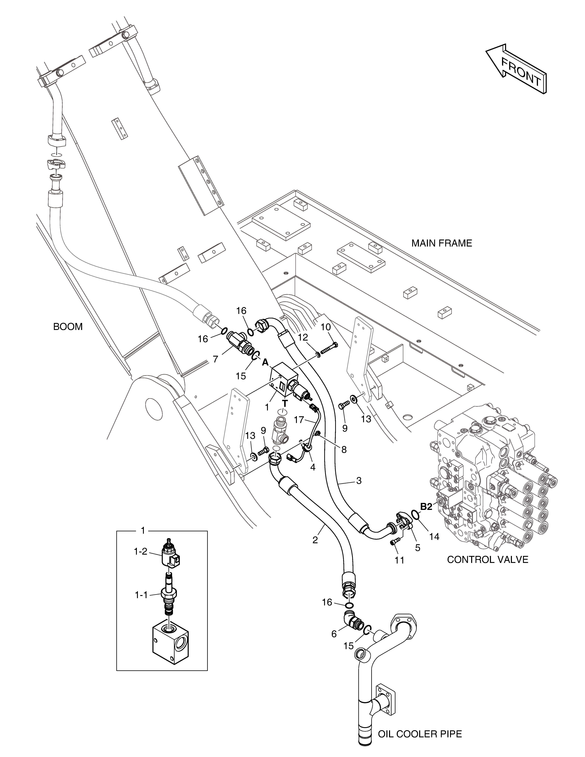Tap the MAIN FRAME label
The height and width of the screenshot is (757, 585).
point(442,243)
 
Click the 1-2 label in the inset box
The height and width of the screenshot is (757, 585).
point(141,551)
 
